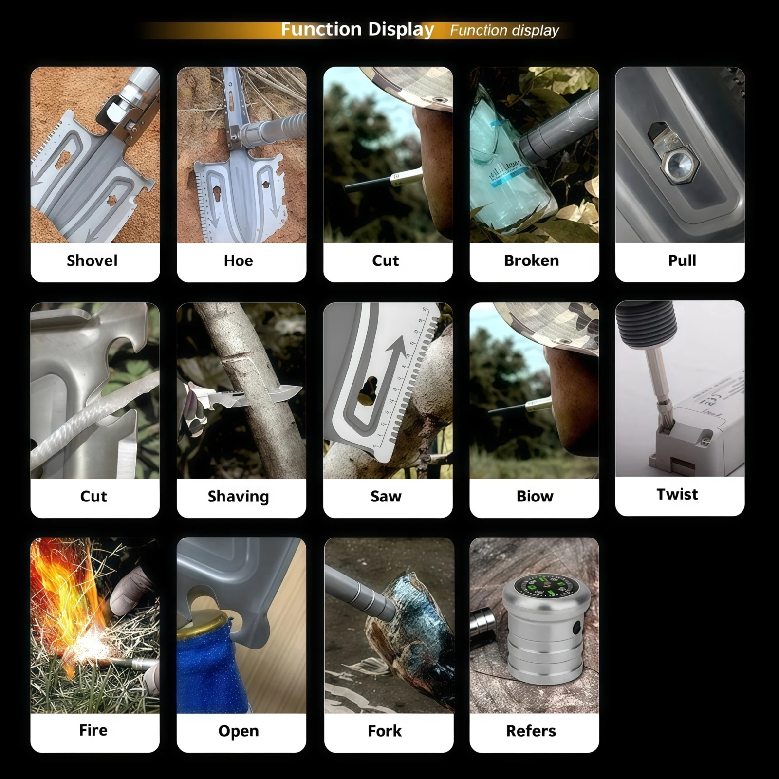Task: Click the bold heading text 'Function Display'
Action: (x=357, y=30)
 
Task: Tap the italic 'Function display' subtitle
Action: (x=504, y=30)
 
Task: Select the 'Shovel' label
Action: (x=92, y=260)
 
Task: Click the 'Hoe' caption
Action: (x=239, y=260)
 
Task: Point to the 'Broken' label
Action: (x=532, y=260)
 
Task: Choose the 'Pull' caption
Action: (x=682, y=260)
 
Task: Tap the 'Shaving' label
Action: (x=239, y=496)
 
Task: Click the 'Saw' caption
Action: (x=386, y=496)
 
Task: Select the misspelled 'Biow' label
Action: (x=535, y=496)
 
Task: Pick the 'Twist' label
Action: (x=677, y=494)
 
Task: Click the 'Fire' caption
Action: (x=93, y=730)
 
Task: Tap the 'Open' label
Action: (x=239, y=731)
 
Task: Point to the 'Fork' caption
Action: (x=385, y=731)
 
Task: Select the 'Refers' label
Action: (x=531, y=731)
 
